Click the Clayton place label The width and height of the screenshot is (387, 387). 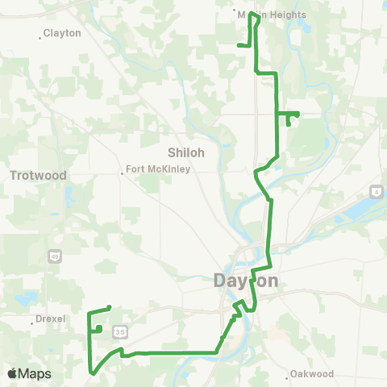63,34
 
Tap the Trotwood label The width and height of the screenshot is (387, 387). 39,175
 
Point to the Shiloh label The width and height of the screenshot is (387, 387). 186,152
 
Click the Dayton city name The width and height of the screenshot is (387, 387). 246,281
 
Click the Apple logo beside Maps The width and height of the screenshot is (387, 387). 12,373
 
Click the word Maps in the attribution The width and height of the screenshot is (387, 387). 35,373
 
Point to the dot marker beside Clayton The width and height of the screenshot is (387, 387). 40,35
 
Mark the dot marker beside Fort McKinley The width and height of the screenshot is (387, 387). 122,170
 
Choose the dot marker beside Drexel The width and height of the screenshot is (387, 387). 31,320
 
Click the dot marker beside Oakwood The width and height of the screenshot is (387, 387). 289,374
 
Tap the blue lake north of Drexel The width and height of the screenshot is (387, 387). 25,299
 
